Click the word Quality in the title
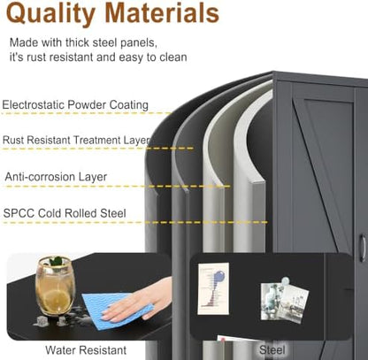(50, 13)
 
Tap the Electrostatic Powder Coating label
(75, 105)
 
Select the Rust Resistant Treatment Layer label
(77, 140)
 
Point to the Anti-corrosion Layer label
(56, 177)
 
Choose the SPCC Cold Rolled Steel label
(65, 213)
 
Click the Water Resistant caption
(86, 350)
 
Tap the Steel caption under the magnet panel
(272, 350)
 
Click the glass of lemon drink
(55, 286)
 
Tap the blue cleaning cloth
(117, 307)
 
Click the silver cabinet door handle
(363, 248)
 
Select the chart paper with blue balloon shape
(213, 288)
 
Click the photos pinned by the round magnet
(284, 302)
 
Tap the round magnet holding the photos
(286, 281)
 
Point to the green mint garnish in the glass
(56, 261)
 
